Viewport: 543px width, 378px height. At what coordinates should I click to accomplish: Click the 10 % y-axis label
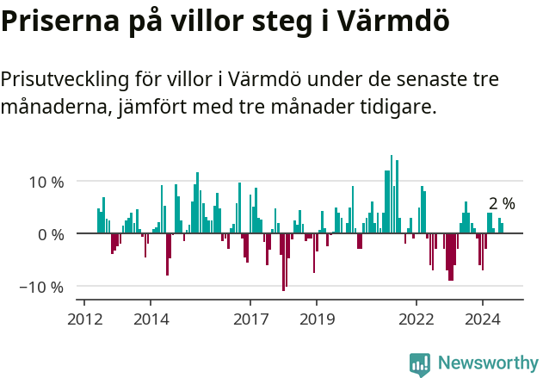pyautogui.click(x=46, y=182)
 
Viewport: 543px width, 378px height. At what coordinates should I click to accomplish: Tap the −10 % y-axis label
pyautogui.click(x=42, y=287)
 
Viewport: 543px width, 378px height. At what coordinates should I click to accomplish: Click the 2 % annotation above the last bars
pyautogui.click(x=502, y=204)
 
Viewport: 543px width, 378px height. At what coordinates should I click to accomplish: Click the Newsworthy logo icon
pyautogui.click(x=420, y=364)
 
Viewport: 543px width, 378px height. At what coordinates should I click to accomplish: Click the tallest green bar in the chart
pyautogui.click(x=392, y=195)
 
